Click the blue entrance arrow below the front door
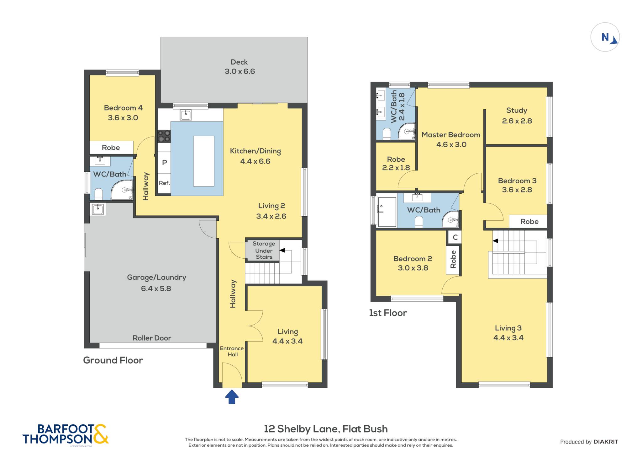click(232, 397)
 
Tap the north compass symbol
click(605, 37)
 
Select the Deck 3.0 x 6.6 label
click(239, 67)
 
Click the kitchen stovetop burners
click(164, 136)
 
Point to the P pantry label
click(164, 162)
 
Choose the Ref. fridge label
click(164, 183)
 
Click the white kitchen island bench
click(204, 161)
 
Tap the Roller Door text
click(152, 338)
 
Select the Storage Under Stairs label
click(264, 250)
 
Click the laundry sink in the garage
click(98, 209)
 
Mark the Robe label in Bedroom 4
click(111, 148)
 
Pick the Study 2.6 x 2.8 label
click(517, 116)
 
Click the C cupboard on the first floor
click(455, 237)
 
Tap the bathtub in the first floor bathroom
click(387, 212)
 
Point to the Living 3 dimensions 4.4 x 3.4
click(508, 338)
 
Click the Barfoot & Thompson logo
click(66, 434)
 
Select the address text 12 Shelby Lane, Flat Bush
click(326, 429)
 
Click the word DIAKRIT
click(606, 442)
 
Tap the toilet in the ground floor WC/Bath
click(98, 194)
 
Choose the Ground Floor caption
click(113, 360)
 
